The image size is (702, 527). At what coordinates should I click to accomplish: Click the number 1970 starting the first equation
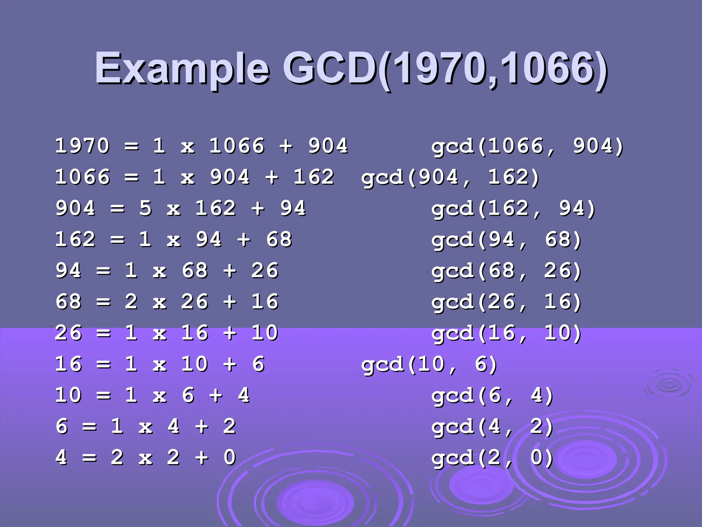pos(82,145)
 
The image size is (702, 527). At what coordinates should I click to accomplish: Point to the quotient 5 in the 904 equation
pos(145,208)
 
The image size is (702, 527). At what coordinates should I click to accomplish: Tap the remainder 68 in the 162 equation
pos(279,239)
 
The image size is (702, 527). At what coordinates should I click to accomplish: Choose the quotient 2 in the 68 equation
pos(131,302)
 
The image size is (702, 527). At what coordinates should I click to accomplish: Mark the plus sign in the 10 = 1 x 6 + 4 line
pos(216,395)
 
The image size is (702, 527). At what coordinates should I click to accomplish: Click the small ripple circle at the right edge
pos(669,385)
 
